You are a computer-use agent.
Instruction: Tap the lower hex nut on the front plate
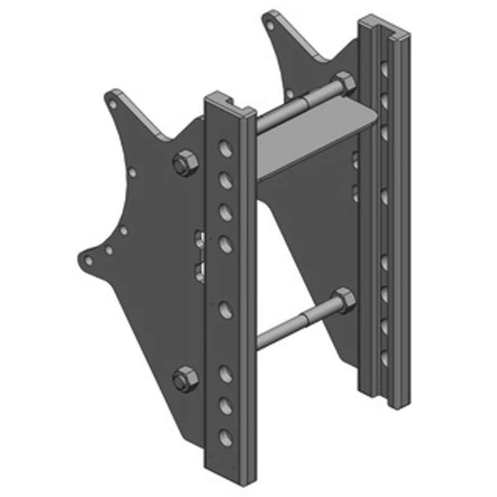(x=184, y=379)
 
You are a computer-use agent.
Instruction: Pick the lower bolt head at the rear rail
(x=343, y=301)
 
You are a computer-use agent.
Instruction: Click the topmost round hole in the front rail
(x=226, y=149)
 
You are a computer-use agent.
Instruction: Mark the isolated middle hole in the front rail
(x=226, y=309)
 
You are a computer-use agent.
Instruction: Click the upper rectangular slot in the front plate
(x=200, y=238)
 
